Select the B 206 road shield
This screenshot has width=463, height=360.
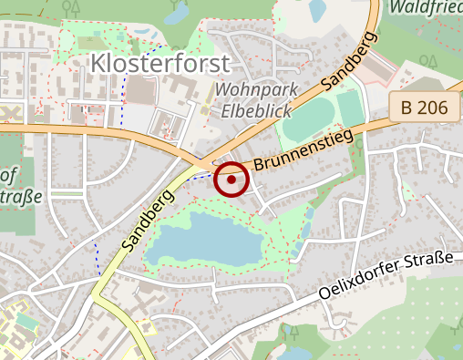[x=424, y=108]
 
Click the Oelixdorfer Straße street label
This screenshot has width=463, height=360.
[x=386, y=277]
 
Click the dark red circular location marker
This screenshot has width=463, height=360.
[x=231, y=180]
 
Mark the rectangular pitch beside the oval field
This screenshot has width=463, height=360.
[x=351, y=108]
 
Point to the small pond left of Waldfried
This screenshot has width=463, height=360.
[x=318, y=10]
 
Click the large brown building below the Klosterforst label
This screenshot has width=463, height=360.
[x=140, y=90]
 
